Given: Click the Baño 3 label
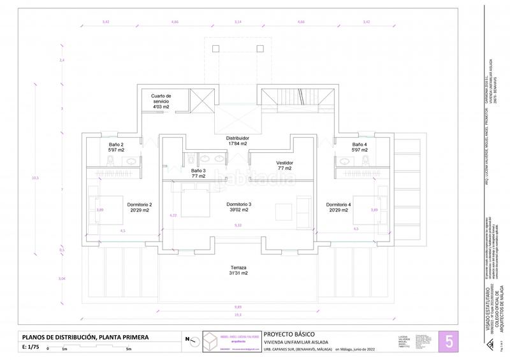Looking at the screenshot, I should pos(198,173).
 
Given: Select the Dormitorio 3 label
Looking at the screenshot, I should pos(239,207).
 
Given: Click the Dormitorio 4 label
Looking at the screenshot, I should pos(338,207).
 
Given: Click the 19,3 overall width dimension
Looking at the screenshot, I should pos(237,315).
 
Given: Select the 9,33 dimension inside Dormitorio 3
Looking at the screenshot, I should pos(238,226).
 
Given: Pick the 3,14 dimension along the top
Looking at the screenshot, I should pos(238,22).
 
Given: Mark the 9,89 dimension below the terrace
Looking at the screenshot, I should pos(237,306).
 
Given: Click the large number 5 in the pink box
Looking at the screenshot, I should pos(449,340).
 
